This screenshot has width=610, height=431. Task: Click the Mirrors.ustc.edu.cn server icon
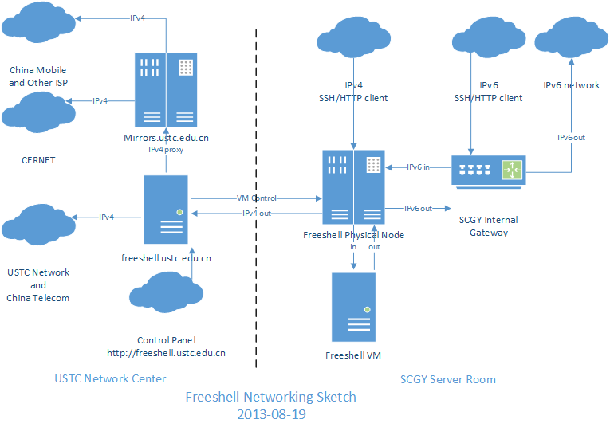point(166,88)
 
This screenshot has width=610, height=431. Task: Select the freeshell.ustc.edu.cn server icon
point(166,210)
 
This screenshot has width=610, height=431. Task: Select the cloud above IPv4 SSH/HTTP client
point(352,42)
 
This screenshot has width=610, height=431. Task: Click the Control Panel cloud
point(165,294)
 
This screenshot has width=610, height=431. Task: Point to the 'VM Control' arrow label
point(256,198)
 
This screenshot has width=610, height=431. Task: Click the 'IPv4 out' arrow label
point(256,213)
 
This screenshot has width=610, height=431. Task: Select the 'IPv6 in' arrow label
point(419,167)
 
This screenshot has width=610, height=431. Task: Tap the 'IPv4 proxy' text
point(166,149)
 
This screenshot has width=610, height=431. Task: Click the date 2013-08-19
point(270,414)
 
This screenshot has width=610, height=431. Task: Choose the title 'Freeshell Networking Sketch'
point(270,396)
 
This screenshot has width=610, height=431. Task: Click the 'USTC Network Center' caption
point(110,378)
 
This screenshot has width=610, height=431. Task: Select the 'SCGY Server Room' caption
point(447,379)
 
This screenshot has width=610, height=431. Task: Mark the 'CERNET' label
point(38,160)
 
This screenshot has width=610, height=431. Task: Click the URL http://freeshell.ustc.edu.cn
point(166,352)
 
